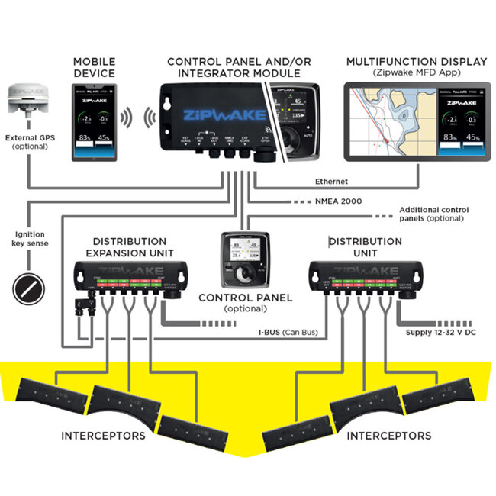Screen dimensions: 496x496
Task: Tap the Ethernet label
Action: click(x=333, y=182)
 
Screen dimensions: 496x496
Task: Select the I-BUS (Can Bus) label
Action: click(x=284, y=333)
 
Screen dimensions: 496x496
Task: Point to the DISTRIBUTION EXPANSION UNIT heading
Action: click(x=129, y=247)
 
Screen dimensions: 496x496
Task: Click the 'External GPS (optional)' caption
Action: click(x=30, y=140)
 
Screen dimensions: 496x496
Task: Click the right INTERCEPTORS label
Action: click(x=388, y=436)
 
